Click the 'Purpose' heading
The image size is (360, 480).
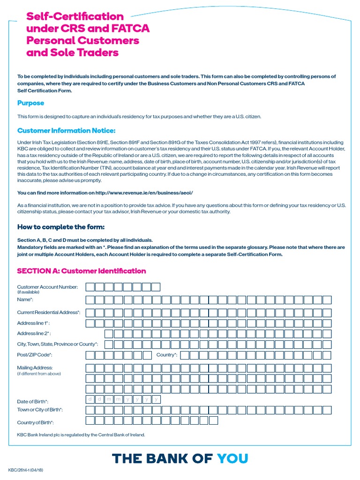[30, 103]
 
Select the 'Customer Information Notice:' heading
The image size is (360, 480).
[66, 130]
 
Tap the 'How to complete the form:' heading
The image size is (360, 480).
[60, 227]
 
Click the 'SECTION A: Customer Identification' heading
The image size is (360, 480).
[81, 271]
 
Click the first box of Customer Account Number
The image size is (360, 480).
[90, 287]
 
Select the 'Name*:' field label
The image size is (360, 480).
[25, 299]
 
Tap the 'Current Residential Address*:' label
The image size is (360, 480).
[49, 312]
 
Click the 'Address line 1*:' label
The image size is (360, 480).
[33, 323]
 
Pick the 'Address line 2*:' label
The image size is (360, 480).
[33, 334]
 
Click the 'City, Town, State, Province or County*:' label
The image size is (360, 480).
[58, 344]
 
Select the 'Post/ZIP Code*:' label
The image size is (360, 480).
[35, 355]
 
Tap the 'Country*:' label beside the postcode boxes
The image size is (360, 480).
[167, 355]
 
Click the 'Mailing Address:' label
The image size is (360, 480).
[35, 367]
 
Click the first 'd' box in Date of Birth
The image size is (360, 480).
[90, 399]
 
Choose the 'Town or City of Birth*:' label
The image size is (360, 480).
[40, 410]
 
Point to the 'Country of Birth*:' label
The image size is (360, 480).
[36, 422]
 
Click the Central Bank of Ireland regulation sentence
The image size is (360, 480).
[81, 435]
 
